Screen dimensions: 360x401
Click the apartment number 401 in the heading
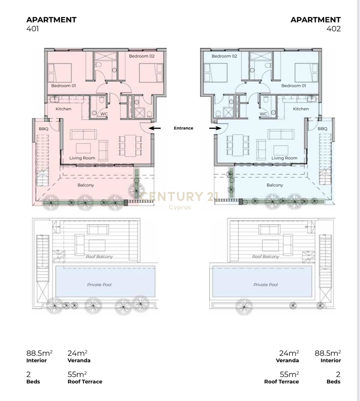(x=33, y=29)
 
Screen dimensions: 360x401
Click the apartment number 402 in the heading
(x=334, y=29)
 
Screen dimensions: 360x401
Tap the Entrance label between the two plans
(x=183, y=128)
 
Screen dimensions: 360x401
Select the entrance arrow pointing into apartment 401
(x=155, y=128)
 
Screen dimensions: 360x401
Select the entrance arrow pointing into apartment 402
(x=215, y=128)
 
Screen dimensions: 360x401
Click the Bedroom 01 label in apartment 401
(x=63, y=86)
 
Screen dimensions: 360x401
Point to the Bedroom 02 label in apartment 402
(x=224, y=56)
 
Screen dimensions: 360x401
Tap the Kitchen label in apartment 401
(x=63, y=109)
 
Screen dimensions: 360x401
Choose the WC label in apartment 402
(x=263, y=114)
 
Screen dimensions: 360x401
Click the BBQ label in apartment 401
(x=44, y=129)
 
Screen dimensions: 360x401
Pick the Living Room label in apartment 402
(x=284, y=158)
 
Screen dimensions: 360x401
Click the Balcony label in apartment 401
(x=86, y=185)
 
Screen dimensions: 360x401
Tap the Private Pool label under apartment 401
(x=99, y=285)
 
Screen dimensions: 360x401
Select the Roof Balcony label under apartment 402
(x=266, y=257)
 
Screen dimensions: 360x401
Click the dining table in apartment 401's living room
(x=130, y=145)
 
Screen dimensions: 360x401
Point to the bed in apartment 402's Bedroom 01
(x=306, y=73)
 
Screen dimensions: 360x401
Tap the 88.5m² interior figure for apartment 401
(x=39, y=353)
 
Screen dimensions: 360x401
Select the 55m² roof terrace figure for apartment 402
(x=289, y=374)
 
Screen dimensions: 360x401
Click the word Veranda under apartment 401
(x=79, y=360)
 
